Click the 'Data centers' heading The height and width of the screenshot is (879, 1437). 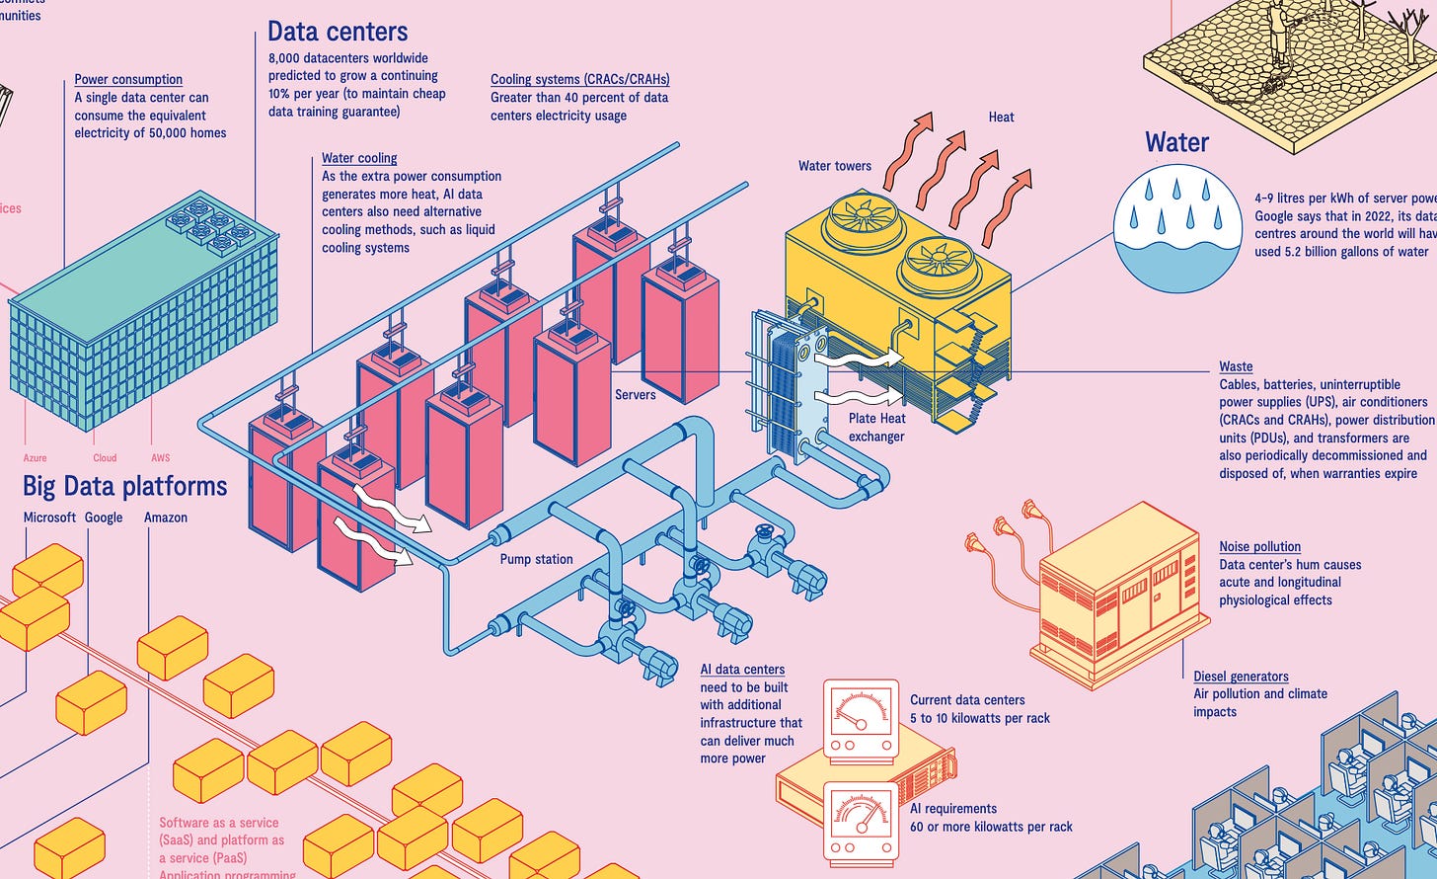pos(338,32)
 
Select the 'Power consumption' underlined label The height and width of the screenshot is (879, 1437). pos(128,79)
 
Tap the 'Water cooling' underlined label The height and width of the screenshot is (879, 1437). pos(359,158)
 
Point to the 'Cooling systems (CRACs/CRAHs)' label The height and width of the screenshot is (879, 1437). pos(579,79)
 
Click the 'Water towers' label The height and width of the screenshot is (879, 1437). pos(835,166)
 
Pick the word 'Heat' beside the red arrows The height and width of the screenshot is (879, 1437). pos(1001,117)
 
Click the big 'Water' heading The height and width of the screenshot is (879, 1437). pos(1177,142)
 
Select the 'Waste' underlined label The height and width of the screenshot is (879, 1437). pos(1236,366)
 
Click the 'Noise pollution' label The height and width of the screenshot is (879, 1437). pos(1259,546)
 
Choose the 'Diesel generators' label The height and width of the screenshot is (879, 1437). pos(1241,677)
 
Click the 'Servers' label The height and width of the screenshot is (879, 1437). pos(636,394)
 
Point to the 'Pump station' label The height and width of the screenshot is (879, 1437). pos(536,559)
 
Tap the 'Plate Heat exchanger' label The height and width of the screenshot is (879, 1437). pos(876,428)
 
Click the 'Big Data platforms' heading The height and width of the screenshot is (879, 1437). pos(125,486)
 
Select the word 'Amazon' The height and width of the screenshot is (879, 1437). pos(165,518)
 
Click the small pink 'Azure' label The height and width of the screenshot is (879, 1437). pos(35,458)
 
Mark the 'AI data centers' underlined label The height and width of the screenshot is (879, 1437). pos(742,669)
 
